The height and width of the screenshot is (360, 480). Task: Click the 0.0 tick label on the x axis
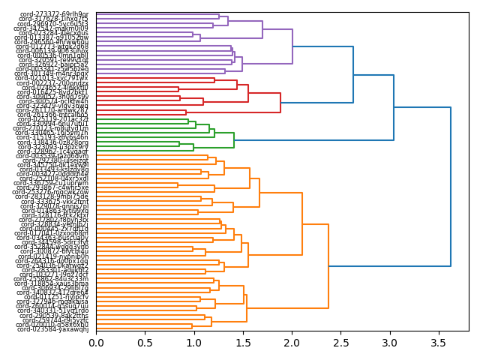[96, 343]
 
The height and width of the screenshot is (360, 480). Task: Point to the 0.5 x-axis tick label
[145, 343]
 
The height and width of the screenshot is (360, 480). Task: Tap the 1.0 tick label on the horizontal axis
[193, 343]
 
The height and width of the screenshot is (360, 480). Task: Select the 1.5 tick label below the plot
[242, 343]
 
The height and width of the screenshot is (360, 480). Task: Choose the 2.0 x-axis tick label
[291, 343]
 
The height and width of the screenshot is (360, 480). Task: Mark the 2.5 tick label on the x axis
[340, 343]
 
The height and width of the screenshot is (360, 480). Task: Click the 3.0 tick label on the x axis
[389, 343]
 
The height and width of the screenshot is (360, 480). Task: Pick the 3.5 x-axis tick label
[438, 343]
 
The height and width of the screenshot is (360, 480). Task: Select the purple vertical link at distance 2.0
[292, 46]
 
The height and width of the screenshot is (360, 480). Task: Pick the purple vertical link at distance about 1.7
[262, 29]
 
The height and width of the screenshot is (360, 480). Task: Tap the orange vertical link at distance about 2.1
[302, 224]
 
